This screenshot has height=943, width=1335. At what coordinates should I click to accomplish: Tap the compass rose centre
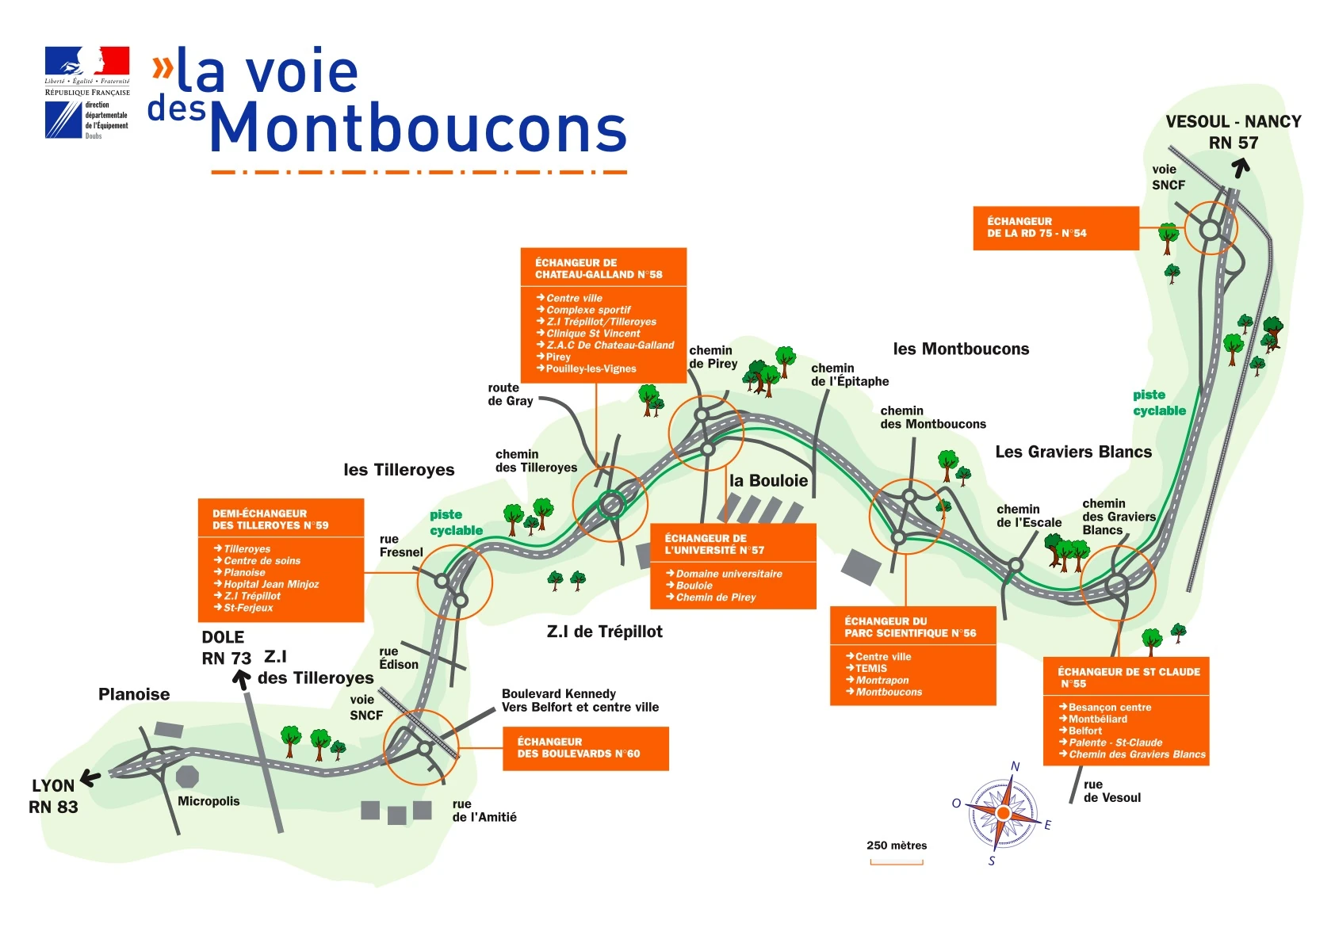[x=1003, y=814]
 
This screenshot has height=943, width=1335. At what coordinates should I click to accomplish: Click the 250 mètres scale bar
[x=897, y=861]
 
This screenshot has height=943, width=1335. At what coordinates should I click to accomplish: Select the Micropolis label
[x=208, y=801]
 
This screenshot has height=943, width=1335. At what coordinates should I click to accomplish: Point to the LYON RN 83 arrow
[x=90, y=778]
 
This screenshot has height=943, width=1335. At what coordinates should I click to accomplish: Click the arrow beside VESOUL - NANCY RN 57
[x=1241, y=167]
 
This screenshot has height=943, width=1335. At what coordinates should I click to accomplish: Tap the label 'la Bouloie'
[x=768, y=481]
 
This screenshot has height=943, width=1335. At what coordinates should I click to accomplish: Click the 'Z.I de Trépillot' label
[x=604, y=632]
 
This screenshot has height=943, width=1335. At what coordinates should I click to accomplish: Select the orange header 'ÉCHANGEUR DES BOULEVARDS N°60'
[x=586, y=748]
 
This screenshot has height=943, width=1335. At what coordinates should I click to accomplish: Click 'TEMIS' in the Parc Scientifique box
[x=871, y=669]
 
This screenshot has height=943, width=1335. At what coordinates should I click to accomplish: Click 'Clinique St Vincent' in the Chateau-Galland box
[x=593, y=334]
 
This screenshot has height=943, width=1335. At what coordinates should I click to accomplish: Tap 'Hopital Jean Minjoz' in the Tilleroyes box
[x=271, y=584]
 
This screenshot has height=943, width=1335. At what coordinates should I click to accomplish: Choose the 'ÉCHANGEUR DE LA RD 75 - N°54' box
[x=1055, y=228]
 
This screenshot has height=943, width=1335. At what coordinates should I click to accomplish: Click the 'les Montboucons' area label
[x=961, y=349]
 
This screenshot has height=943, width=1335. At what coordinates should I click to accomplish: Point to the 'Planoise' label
[x=134, y=694]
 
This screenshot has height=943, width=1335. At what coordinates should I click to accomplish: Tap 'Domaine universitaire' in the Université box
[x=729, y=574]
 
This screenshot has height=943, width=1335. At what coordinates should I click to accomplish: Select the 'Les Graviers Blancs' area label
[x=1073, y=452]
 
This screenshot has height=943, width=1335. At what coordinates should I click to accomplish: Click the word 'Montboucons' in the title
[x=418, y=128]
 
